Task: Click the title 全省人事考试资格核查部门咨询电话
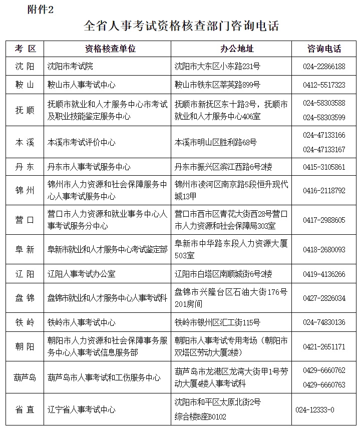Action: click(181, 26)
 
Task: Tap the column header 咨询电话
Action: click(324, 49)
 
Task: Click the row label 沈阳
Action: click(25, 66)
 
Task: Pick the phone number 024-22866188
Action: click(324, 66)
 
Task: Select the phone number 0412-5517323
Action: click(324, 85)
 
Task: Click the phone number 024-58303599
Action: click(324, 117)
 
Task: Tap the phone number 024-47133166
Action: click(324, 135)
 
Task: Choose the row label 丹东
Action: click(25, 167)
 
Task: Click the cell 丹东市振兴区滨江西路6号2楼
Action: click(223, 167)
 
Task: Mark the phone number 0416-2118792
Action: click(324, 191)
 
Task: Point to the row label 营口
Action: click(25, 220)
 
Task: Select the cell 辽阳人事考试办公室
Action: click(81, 274)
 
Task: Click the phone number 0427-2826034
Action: click(324, 298)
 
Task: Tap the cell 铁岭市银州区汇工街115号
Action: click(217, 322)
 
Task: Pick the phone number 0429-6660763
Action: click(324, 385)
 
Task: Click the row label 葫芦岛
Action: click(25, 377)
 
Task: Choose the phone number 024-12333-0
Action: click(315, 409)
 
